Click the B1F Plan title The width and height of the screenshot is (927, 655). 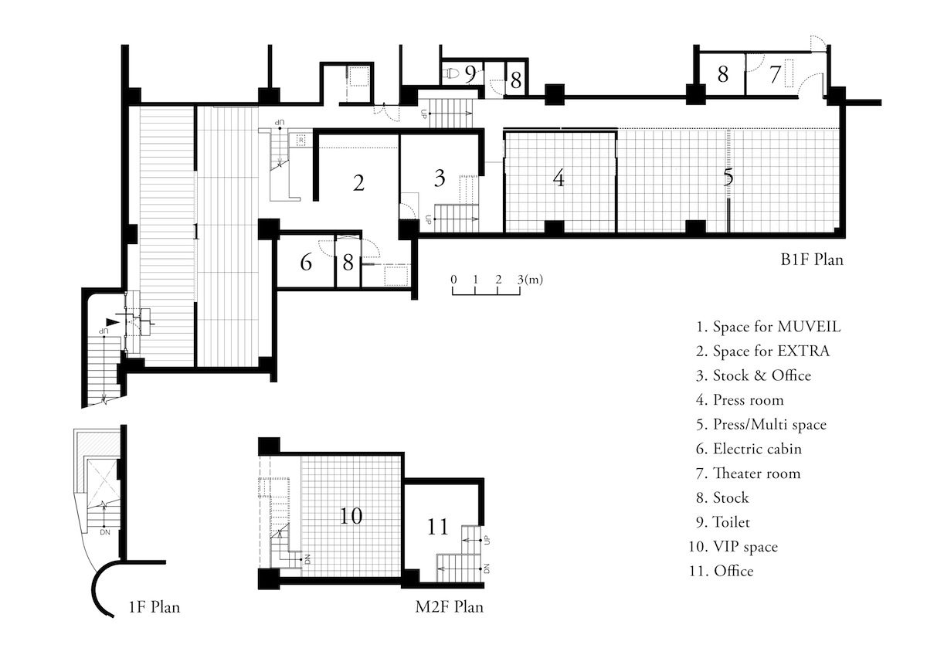pyautogui.click(x=812, y=260)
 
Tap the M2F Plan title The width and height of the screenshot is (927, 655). pyautogui.click(x=449, y=607)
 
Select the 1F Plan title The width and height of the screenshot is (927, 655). pyautogui.click(x=154, y=607)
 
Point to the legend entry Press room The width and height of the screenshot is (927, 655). pyautogui.click(x=740, y=400)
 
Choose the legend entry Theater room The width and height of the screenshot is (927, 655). pyautogui.click(x=749, y=473)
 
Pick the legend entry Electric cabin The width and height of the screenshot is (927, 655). pyautogui.click(x=749, y=449)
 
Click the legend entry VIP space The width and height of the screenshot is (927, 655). pyautogui.click(x=733, y=547)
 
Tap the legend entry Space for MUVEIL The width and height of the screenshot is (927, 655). pyautogui.click(x=769, y=327)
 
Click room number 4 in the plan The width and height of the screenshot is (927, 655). pyautogui.click(x=559, y=178)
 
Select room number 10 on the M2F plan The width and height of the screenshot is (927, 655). pyautogui.click(x=351, y=516)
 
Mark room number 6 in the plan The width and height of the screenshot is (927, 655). pyautogui.click(x=306, y=263)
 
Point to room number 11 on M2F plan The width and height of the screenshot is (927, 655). pyautogui.click(x=437, y=527)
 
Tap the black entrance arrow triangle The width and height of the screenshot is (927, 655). pyautogui.click(x=112, y=322)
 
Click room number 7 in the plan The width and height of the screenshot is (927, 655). pyautogui.click(x=775, y=74)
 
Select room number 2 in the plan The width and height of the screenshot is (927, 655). pyautogui.click(x=358, y=183)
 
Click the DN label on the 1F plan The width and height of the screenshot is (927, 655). pyautogui.click(x=105, y=532)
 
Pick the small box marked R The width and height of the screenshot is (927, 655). pyautogui.click(x=301, y=141)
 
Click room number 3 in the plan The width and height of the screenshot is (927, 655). pyautogui.click(x=440, y=178)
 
